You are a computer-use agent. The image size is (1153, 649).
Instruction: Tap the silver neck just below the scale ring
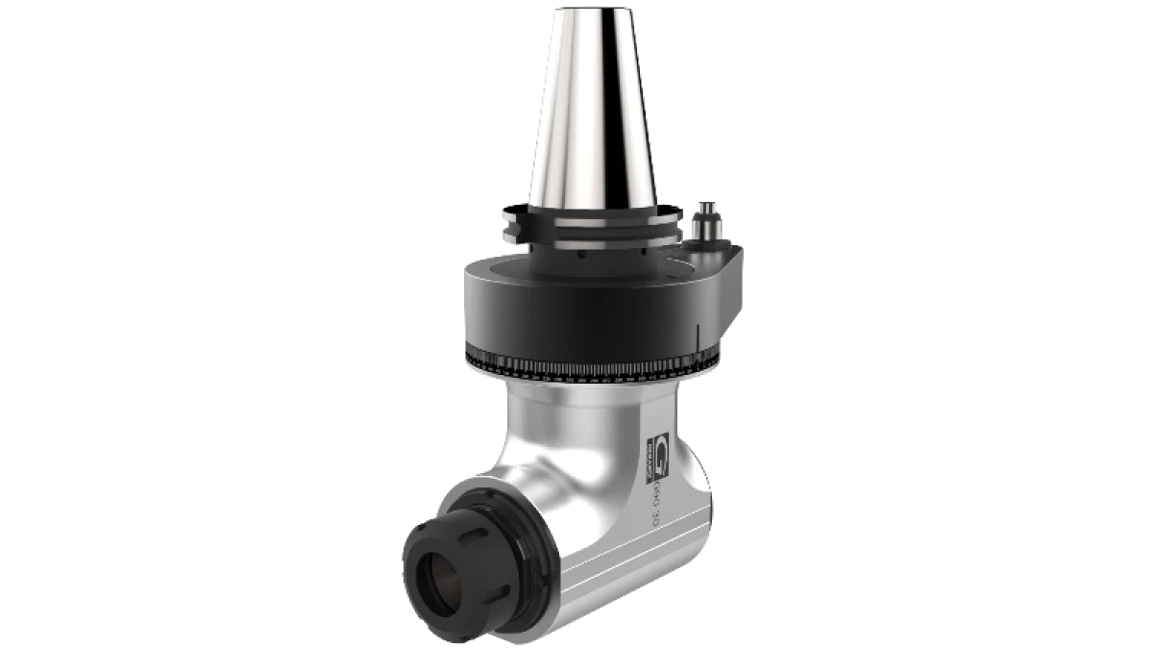576,394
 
